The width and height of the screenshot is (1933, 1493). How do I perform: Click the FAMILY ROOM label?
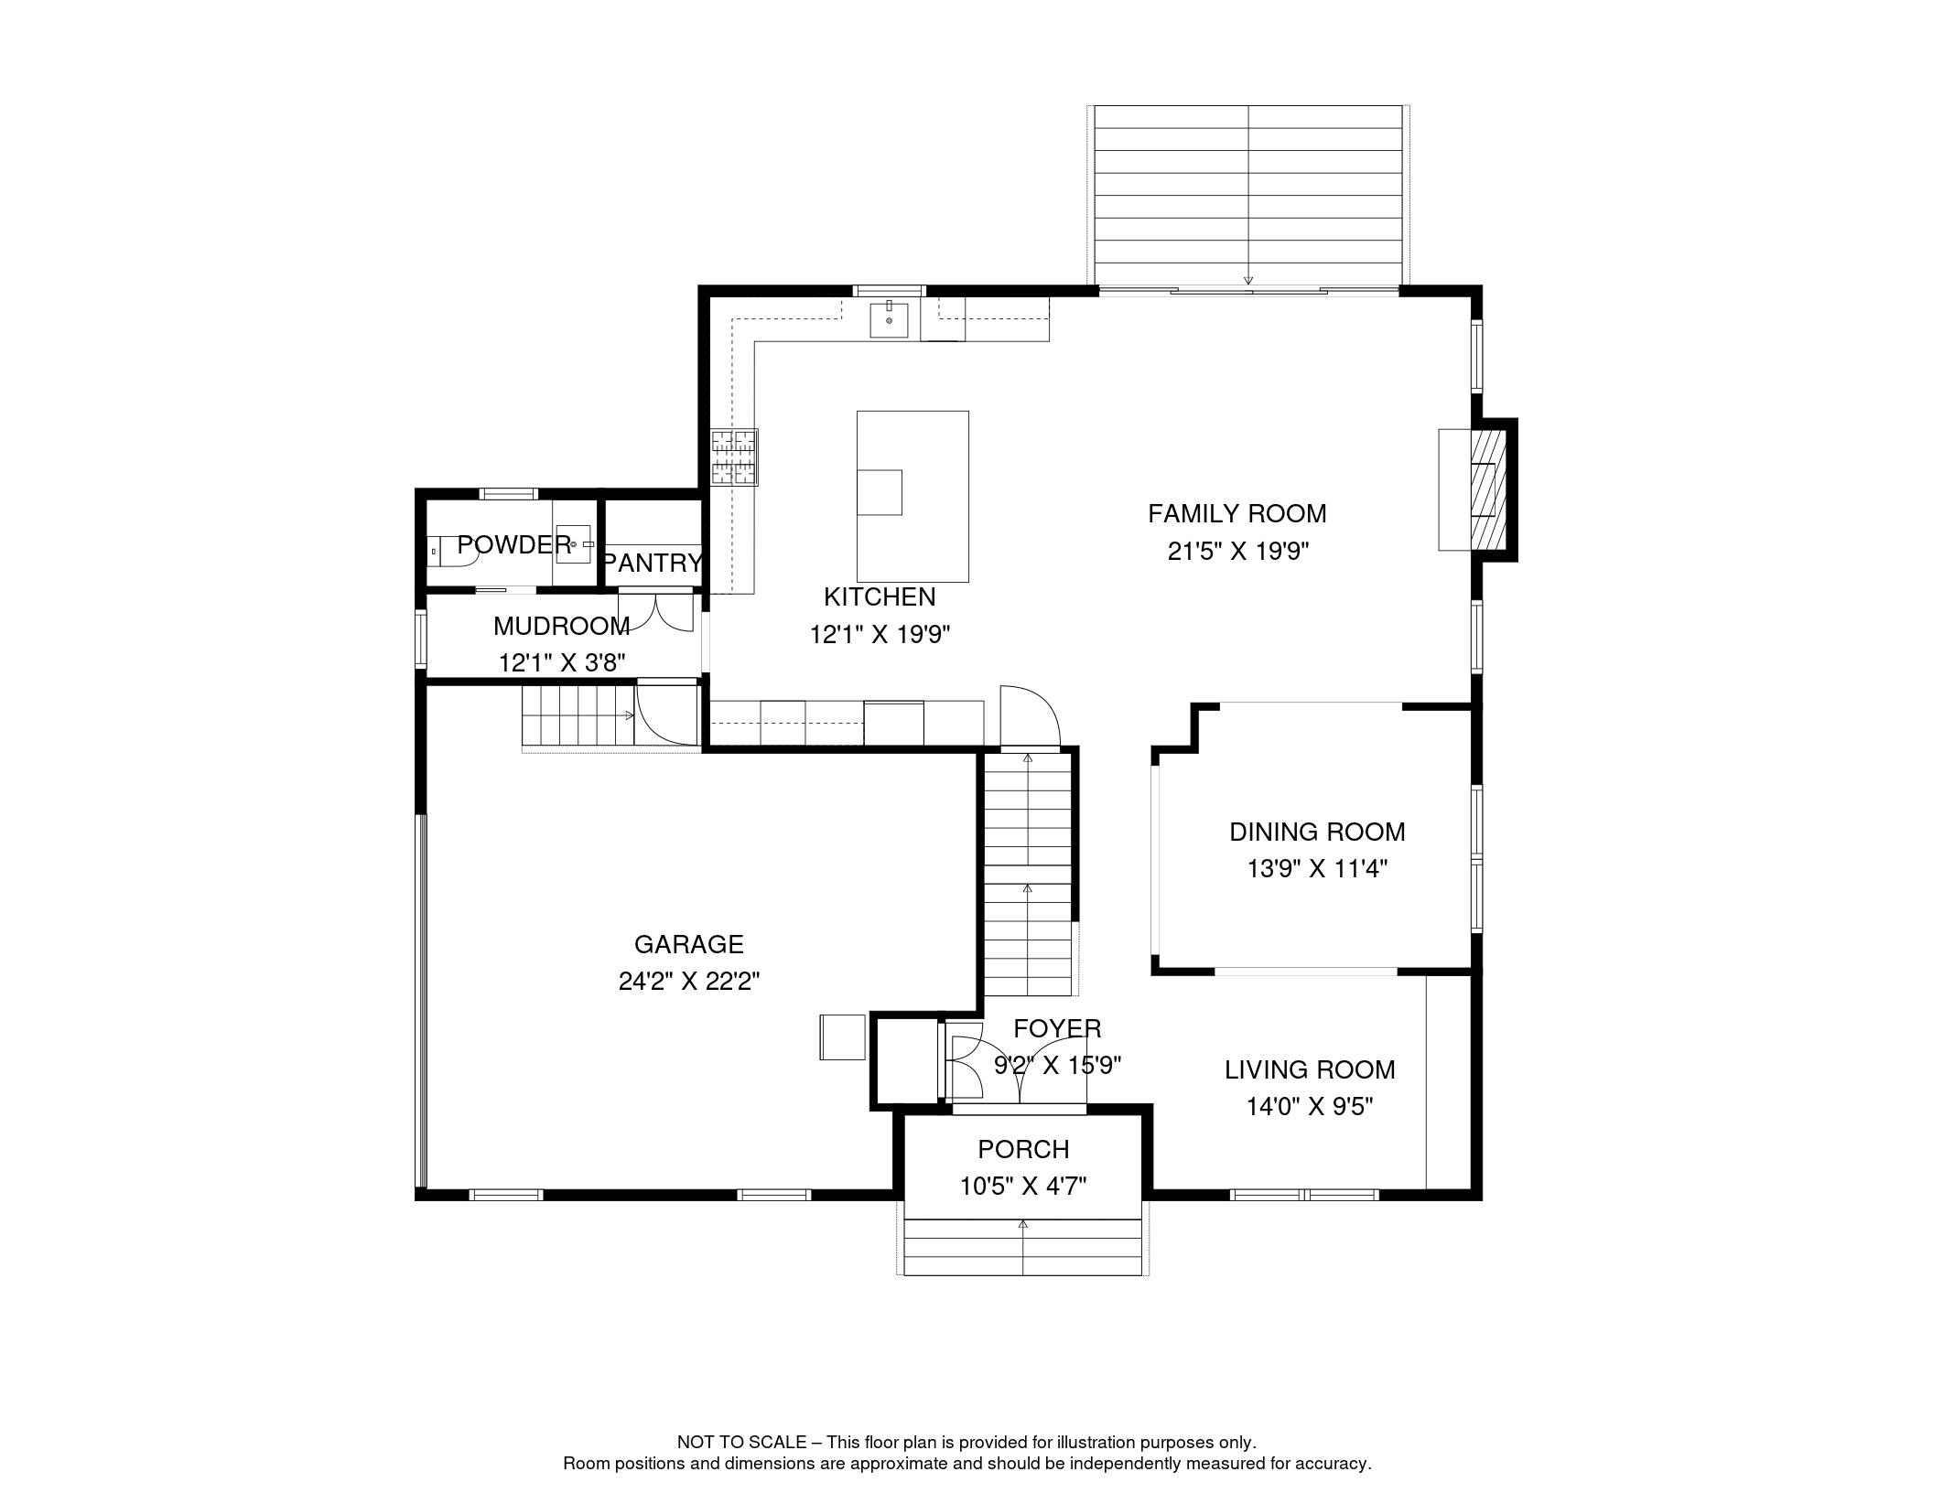(x=1236, y=513)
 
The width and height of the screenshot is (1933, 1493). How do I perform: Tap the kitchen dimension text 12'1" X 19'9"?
(x=880, y=635)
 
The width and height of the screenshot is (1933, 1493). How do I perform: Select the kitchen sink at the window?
(x=889, y=320)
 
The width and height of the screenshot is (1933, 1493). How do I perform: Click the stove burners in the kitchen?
(x=735, y=456)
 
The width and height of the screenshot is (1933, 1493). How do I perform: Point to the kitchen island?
(x=913, y=496)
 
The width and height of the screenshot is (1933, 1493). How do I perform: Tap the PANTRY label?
(x=653, y=563)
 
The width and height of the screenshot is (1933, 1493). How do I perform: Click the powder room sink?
(x=575, y=543)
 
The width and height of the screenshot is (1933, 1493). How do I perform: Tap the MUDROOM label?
(x=561, y=627)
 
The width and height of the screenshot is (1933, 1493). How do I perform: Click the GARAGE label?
(x=688, y=944)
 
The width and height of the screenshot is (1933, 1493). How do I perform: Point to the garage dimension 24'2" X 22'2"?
(x=688, y=982)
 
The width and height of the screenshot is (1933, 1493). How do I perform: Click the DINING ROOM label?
(x=1316, y=832)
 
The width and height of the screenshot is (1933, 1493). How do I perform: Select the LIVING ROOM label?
(x=1310, y=1069)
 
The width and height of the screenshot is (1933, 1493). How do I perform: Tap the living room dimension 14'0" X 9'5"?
(x=1310, y=1107)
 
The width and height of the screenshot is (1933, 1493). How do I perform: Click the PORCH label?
(x=1022, y=1149)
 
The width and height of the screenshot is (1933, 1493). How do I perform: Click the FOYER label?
(x=1057, y=1029)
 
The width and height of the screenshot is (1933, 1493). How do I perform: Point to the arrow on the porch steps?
(x=1022, y=1224)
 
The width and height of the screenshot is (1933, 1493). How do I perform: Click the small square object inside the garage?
(x=842, y=1037)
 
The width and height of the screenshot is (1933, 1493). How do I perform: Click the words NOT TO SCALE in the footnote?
(x=740, y=1443)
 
